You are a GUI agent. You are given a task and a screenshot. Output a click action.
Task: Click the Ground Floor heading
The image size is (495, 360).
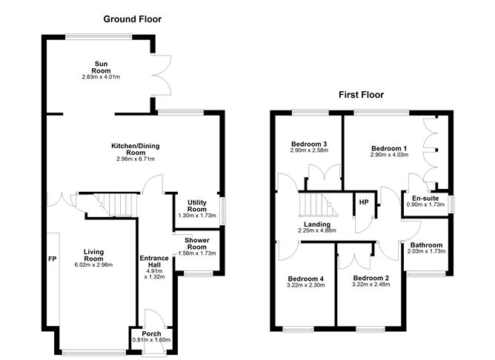click(x=133, y=19)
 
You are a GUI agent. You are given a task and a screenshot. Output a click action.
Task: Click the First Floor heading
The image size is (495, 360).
click(x=361, y=95)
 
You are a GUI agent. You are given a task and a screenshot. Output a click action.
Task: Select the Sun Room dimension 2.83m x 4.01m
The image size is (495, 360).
click(x=101, y=76)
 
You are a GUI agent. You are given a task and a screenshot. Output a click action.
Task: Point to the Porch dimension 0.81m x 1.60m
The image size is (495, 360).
click(x=152, y=340)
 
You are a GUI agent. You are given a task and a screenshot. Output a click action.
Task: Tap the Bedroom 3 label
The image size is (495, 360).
click(x=310, y=144)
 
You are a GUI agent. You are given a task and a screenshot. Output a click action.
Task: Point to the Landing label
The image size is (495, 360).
click(x=316, y=224)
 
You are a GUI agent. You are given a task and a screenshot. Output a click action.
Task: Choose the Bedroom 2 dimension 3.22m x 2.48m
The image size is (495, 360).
click(x=371, y=284)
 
